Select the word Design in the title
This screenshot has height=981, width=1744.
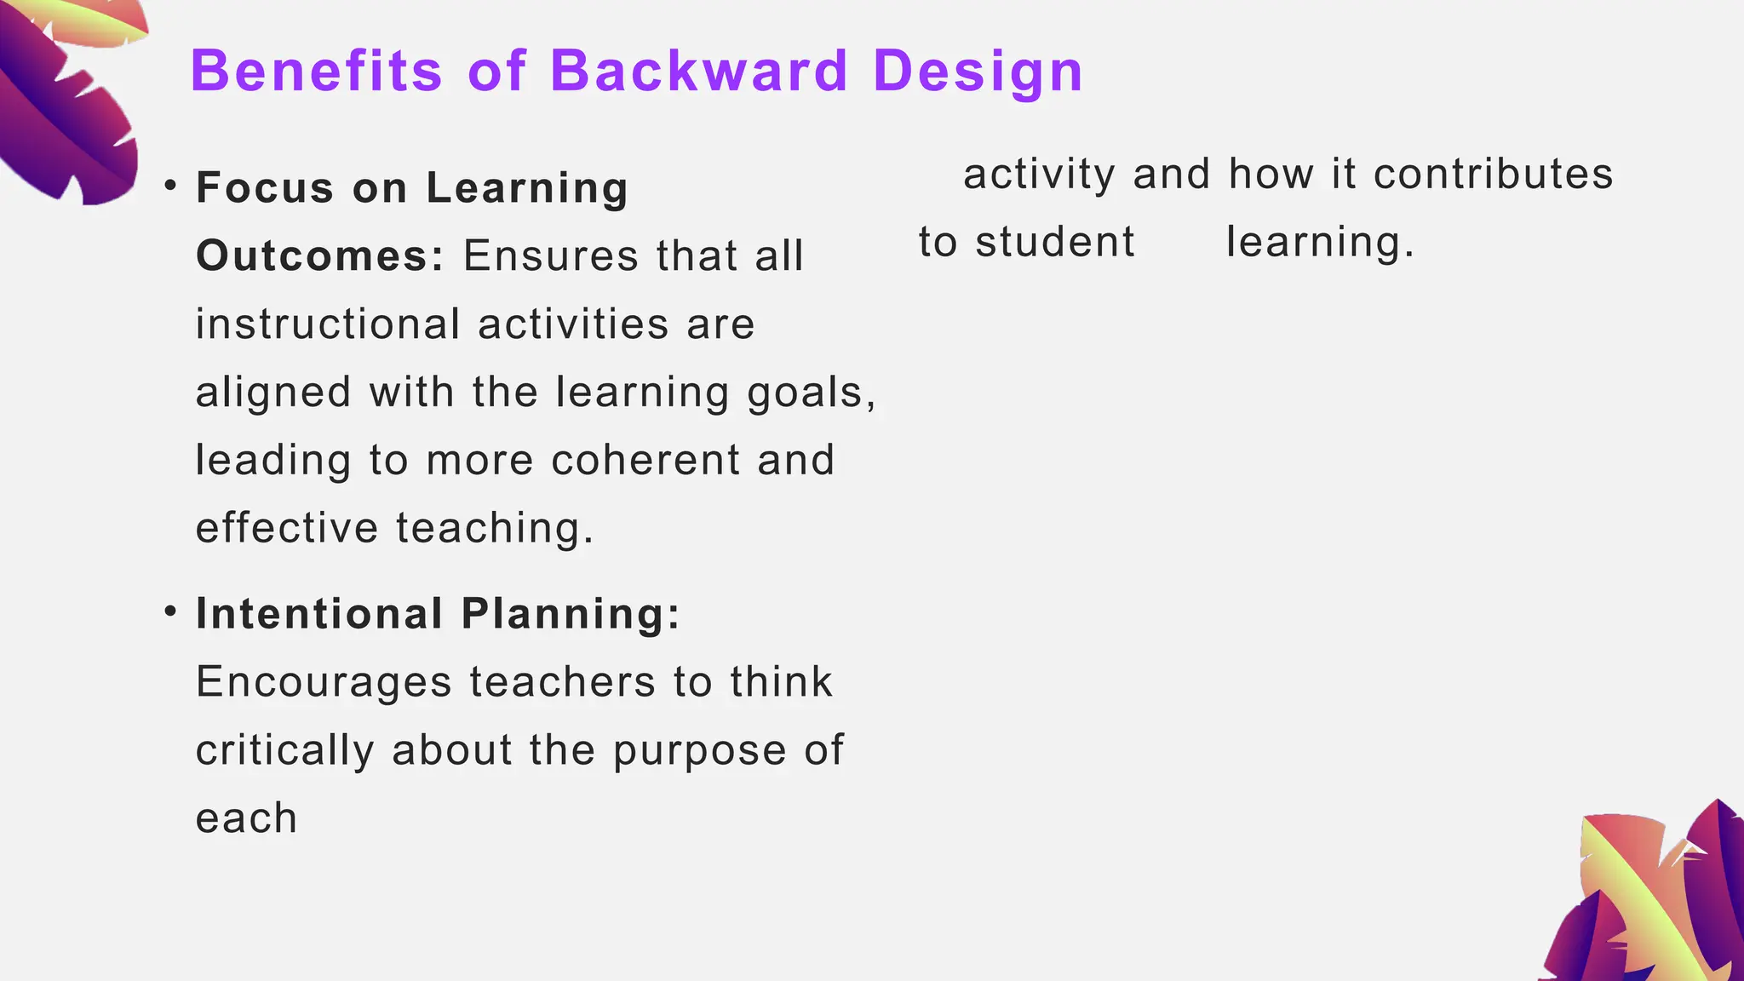point(978,72)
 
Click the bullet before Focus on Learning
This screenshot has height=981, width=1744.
point(171,185)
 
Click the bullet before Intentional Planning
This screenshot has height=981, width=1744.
point(171,611)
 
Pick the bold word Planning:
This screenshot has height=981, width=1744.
point(571,614)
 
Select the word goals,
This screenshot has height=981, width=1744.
point(812,393)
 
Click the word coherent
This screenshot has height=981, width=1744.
point(645,460)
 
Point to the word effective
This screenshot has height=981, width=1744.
point(286,528)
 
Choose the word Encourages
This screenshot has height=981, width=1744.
point(324,682)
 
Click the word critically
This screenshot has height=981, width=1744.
point(284,751)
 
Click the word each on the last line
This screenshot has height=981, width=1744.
point(246,818)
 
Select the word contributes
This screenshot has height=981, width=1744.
point(1493,174)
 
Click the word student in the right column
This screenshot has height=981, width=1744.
point(1054,242)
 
